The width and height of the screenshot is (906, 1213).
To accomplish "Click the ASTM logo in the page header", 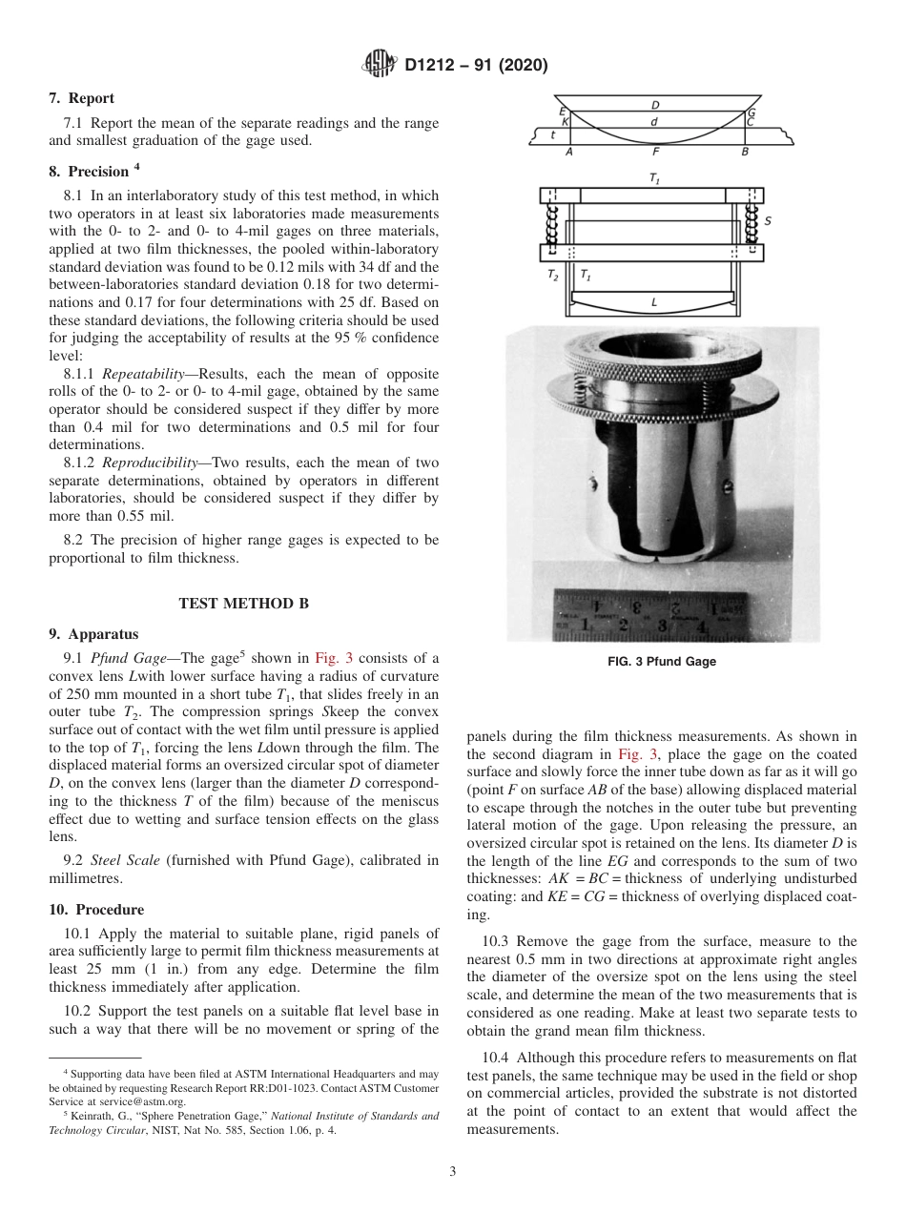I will [x=381, y=65].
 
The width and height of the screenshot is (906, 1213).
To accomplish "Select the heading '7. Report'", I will [x=82, y=98].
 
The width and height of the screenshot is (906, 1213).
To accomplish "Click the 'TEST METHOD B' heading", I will [x=243, y=603].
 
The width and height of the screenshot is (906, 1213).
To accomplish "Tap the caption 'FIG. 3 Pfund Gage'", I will [x=661, y=662].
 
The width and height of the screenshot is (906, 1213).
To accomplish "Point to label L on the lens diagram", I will [x=653, y=302].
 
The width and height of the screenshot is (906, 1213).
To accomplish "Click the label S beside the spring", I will [x=769, y=220].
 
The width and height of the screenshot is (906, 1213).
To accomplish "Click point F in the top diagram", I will [x=654, y=152].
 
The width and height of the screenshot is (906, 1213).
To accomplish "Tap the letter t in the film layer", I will [x=554, y=135].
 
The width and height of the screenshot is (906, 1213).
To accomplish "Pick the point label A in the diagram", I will [x=569, y=152].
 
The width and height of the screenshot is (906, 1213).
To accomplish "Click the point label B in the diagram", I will [x=745, y=152].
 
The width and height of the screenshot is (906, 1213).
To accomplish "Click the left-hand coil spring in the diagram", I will [x=551, y=225].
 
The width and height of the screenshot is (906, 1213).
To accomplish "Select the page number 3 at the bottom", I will [x=453, y=1171].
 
